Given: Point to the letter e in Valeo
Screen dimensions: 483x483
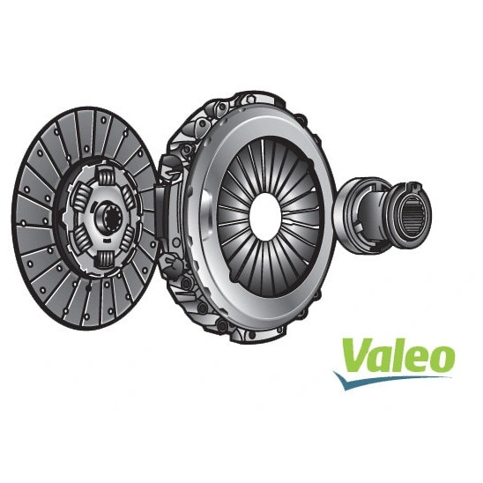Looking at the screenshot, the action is click(x=418, y=360).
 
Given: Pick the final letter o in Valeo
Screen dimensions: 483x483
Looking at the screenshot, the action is click(x=442, y=360).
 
